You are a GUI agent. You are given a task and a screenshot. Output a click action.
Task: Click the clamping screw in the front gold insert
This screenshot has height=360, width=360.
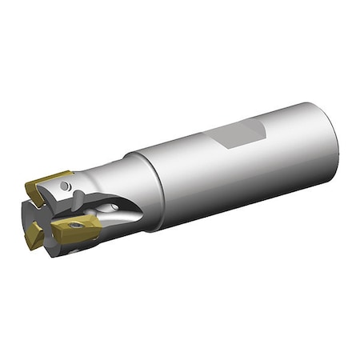tap(75, 226)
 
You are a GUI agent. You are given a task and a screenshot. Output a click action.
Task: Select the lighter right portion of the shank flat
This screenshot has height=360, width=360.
tap(254, 129)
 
